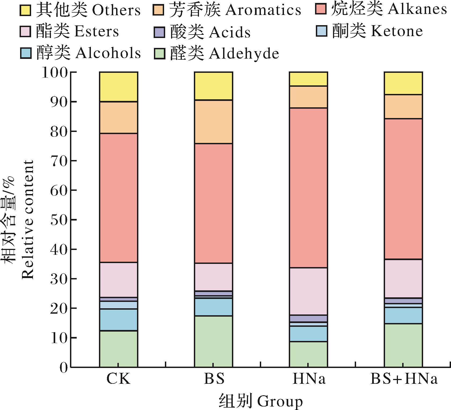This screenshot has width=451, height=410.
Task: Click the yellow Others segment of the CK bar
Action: (119, 87)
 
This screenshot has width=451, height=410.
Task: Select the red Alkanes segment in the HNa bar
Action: (308, 187)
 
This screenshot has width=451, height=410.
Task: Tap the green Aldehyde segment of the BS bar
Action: (213, 341)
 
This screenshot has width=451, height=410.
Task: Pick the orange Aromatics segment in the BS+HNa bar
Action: (403, 106)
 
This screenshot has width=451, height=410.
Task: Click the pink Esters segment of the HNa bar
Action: (308, 291)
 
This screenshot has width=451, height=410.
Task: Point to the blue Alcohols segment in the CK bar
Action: (119, 320)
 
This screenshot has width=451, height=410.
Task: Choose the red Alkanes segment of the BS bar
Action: (213, 203)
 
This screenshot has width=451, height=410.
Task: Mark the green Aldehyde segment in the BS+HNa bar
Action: (403, 345)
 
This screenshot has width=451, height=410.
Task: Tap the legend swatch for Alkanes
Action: (321, 10)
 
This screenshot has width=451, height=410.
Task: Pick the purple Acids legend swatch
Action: (159, 32)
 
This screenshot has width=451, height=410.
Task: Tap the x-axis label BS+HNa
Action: (404, 379)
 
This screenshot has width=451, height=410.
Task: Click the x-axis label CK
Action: (119, 379)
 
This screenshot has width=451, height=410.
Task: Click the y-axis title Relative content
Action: (27, 219)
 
